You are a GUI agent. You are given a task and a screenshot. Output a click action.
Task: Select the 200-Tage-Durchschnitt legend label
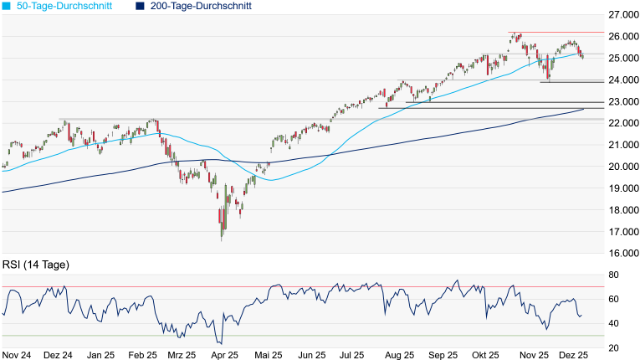[x=201, y=6]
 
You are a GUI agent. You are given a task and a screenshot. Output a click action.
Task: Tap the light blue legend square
[x=7, y=6]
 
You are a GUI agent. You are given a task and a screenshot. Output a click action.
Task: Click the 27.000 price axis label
[x=623, y=15]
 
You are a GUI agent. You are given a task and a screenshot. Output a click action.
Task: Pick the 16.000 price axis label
[x=623, y=254]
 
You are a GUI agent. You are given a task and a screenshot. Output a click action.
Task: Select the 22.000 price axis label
[x=623, y=123]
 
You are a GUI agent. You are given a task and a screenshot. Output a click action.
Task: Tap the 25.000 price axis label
[x=623, y=59]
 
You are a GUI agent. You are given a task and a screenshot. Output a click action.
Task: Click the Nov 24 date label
[x=17, y=355]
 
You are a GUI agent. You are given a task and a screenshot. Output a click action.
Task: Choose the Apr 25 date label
[x=221, y=355]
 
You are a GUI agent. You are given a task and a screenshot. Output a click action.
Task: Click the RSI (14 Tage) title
[x=36, y=265]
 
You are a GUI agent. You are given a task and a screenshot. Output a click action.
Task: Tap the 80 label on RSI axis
[x=612, y=275]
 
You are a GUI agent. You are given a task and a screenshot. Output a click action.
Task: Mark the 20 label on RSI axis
[x=612, y=347]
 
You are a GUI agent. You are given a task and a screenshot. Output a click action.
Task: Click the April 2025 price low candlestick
[x=222, y=234]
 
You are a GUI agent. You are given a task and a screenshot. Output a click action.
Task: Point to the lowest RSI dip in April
[x=220, y=342]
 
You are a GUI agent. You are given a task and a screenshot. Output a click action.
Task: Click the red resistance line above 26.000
[x=552, y=32]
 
